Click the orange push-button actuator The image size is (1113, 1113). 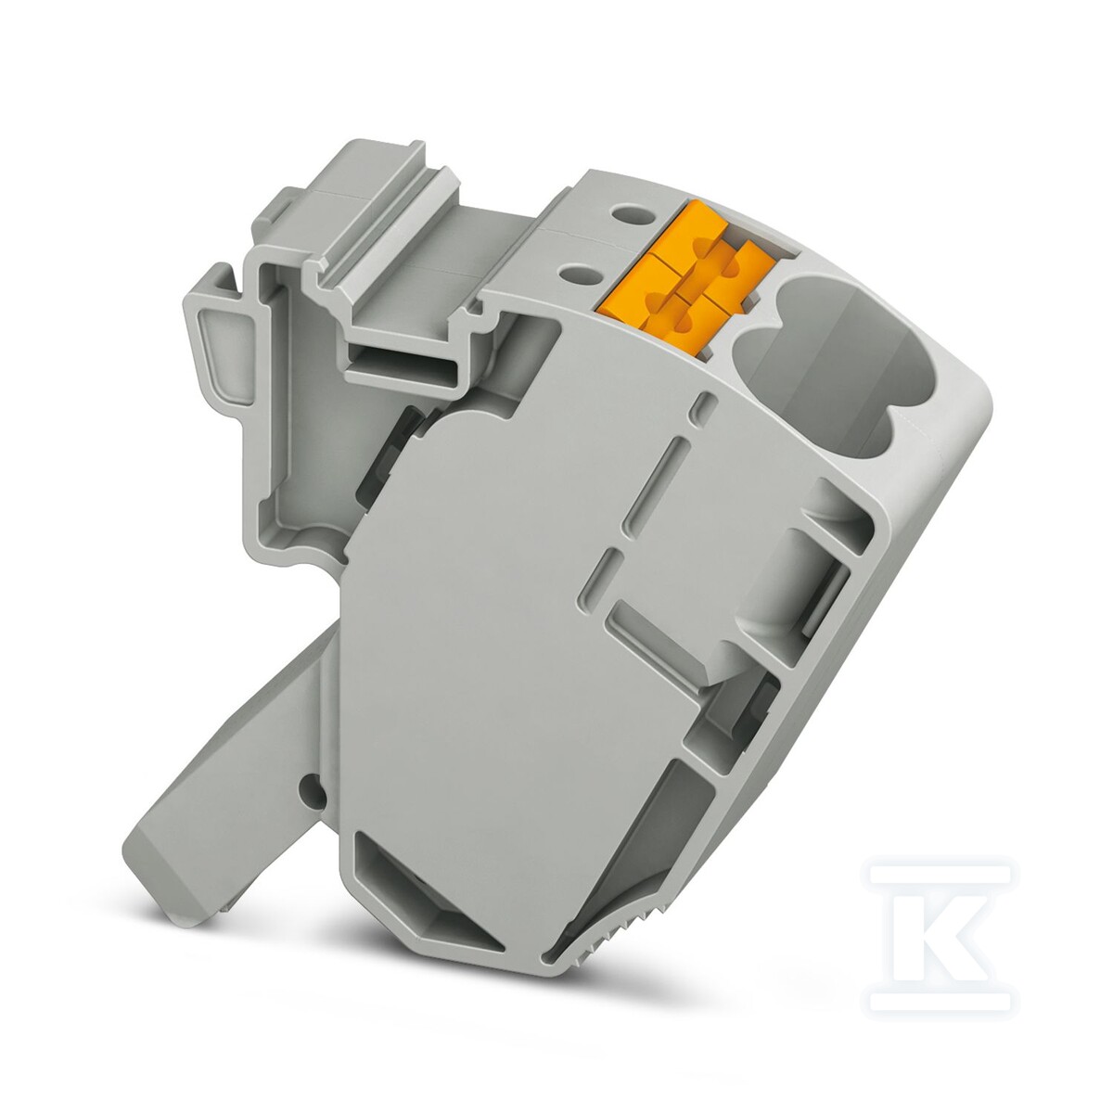tap(687, 277)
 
